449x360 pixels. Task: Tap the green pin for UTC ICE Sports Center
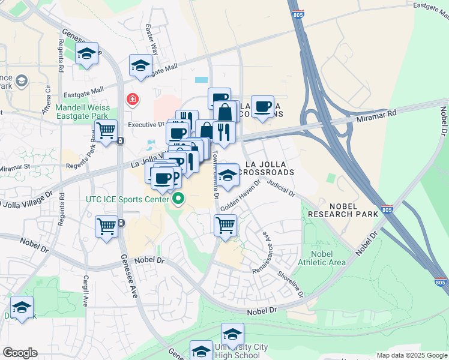click(x=178, y=198)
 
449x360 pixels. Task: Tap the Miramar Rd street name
click(x=384, y=113)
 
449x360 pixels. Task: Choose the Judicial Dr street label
click(x=282, y=189)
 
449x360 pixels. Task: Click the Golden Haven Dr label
click(x=240, y=195)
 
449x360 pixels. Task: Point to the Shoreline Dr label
click(x=291, y=282)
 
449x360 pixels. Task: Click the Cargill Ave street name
click(x=86, y=292)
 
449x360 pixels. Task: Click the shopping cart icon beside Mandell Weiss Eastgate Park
click(x=106, y=130)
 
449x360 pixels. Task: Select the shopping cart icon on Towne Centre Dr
click(x=225, y=226)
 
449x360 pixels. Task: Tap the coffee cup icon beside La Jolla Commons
click(x=262, y=107)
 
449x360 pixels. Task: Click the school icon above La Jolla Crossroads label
click(x=228, y=175)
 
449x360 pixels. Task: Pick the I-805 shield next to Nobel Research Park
click(x=387, y=209)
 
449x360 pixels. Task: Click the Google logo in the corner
click(x=20, y=353)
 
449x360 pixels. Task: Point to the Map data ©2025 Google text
click(x=412, y=355)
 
